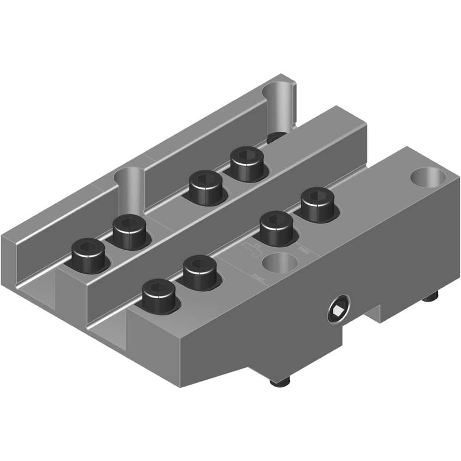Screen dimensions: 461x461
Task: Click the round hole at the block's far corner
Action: (x=428, y=177)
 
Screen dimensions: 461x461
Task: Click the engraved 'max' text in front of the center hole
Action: (x=256, y=278)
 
